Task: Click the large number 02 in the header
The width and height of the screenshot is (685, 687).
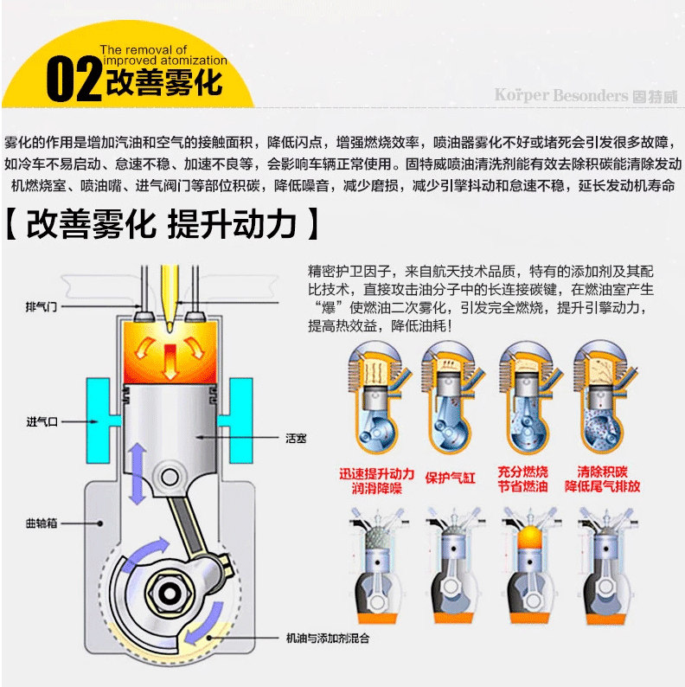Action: tap(74, 80)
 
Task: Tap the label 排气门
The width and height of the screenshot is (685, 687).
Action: tap(42, 306)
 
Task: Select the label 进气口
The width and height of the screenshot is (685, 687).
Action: tap(42, 421)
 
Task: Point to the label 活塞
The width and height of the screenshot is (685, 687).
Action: tap(296, 438)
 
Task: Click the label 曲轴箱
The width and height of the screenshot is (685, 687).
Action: tap(42, 523)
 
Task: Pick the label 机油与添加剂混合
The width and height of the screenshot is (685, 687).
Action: tap(327, 638)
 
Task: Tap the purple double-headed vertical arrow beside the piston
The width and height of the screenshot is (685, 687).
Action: tap(138, 473)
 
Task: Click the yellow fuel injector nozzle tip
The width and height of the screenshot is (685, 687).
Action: tap(170, 326)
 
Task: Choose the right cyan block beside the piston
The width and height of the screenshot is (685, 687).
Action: tap(236, 421)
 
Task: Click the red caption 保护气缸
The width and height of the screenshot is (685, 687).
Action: tap(450, 478)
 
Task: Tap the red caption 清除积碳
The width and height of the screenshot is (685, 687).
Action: tap(602, 472)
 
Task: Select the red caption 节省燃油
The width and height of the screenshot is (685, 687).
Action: tap(522, 486)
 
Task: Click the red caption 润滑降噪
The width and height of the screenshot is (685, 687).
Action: tap(376, 488)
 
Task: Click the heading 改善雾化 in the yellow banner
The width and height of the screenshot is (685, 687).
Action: tap(163, 82)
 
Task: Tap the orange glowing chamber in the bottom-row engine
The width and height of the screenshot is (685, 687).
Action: tap(530, 537)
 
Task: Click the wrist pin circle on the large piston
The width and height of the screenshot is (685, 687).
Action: tap(170, 477)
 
